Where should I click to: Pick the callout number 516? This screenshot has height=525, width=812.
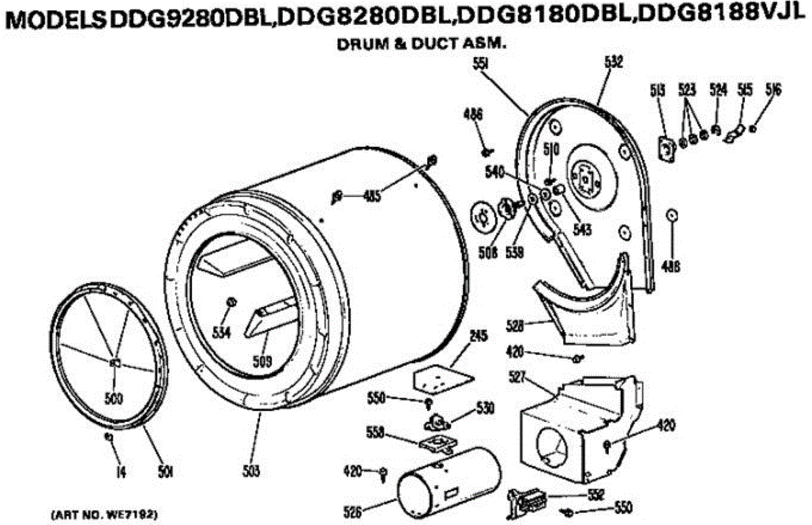[773, 89]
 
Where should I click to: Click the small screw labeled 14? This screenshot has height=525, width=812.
[108, 437]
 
